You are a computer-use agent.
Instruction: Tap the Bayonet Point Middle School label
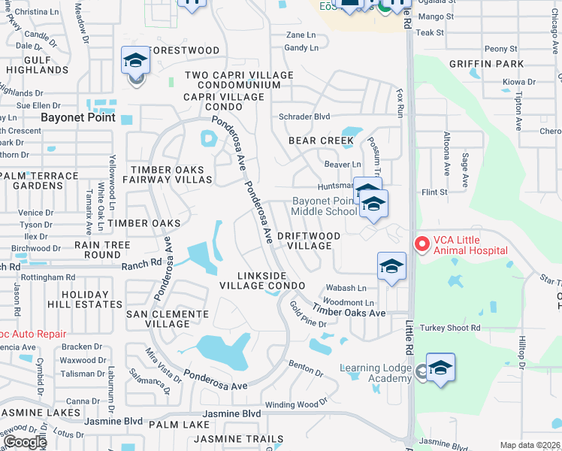[325, 206]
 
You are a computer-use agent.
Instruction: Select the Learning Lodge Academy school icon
[440, 368]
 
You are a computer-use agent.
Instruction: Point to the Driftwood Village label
[309, 241]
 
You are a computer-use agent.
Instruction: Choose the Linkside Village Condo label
[262, 280]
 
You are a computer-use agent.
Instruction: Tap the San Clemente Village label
[157, 319]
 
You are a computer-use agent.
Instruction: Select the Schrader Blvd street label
[304, 117]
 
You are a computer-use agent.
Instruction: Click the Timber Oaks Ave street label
[349, 311]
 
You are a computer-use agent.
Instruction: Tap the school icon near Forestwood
[135, 62]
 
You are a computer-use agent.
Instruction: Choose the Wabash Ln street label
[346, 288]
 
